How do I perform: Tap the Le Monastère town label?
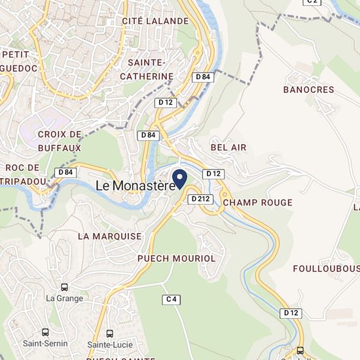click(x=136, y=186)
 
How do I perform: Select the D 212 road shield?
click(x=201, y=199)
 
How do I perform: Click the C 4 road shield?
click(x=171, y=299)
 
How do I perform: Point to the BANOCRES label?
click(x=308, y=90)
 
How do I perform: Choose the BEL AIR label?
click(x=228, y=147)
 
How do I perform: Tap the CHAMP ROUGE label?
click(x=257, y=203)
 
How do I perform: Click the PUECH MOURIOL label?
click(x=176, y=259)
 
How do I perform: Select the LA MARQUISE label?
click(x=109, y=236)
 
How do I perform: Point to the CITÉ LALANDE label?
click(x=155, y=21)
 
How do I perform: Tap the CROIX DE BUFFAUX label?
click(x=60, y=141)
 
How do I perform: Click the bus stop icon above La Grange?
click(x=65, y=287)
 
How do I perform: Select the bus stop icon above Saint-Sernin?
click(x=45, y=332)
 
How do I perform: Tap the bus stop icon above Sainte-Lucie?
click(x=109, y=333)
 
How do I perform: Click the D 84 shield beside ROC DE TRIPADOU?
click(x=65, y=172)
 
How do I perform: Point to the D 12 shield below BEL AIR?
click(x=213, y=173)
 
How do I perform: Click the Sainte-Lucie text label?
click(x=109, y=344)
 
